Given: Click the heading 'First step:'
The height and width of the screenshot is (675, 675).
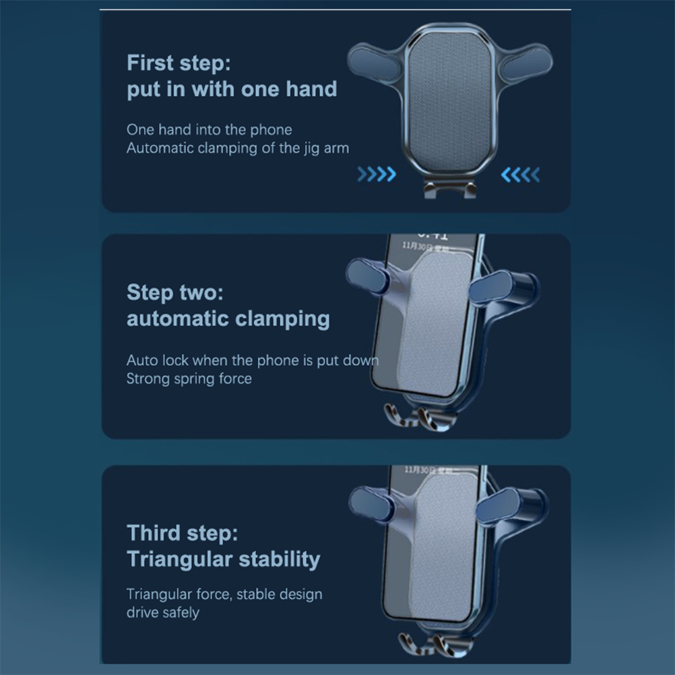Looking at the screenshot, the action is point(179,63).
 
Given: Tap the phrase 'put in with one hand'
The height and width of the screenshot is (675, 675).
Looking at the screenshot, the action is point(232,90).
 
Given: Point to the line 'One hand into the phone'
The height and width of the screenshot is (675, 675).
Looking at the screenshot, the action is point(210,129).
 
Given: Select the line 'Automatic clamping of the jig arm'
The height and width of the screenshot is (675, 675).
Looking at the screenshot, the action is point(238,148).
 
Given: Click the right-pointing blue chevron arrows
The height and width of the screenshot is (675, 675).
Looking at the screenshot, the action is point(377,174).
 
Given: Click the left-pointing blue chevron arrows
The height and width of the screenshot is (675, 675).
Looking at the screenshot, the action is point(521,174).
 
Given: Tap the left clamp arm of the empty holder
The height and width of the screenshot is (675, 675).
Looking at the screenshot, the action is point(374,63).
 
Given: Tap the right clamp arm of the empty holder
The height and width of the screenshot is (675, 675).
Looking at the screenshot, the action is point(527,63).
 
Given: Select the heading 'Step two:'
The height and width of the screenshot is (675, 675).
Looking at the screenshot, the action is point(174,293).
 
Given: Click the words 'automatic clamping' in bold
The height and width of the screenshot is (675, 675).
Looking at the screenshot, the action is point(228,319).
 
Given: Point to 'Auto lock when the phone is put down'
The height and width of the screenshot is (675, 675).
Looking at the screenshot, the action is point(253,360).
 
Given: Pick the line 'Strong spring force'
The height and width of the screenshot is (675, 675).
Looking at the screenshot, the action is point(189,379).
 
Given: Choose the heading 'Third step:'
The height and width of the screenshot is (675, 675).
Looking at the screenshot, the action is point(182,534).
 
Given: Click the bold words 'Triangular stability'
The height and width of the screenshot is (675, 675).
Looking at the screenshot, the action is point(224,559).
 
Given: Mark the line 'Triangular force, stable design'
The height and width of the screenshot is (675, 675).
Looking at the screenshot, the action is point(224,594).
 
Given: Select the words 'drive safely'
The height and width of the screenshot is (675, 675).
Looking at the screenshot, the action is point(163,612).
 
